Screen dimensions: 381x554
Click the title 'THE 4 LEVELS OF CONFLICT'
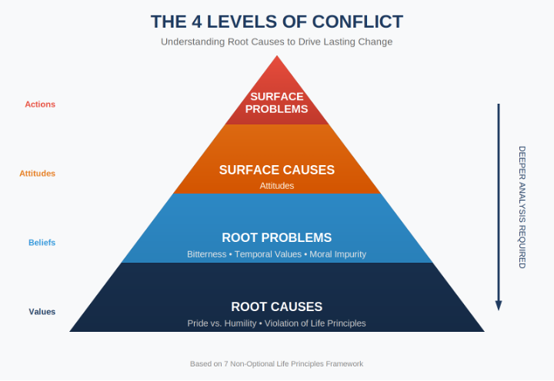(x=276, y=22)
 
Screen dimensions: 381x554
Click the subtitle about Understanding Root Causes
(x=276, y=41)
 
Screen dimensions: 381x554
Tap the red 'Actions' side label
(x=40, y=104)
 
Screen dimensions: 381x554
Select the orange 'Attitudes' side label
(x=38, y=174)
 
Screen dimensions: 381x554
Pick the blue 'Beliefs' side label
(x=42, y=243)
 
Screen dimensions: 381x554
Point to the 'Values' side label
(x=42, y=312)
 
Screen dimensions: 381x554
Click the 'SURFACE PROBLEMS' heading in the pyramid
(x=277, y=103)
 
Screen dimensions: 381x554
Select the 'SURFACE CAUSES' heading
(x=277, y=170)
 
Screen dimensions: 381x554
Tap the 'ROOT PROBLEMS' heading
(x=277, y=237)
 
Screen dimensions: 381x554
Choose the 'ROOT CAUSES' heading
(x=277, y=306)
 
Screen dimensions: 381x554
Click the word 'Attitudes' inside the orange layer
(x=277, y=186)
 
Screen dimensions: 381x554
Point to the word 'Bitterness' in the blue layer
(x=206, y=254)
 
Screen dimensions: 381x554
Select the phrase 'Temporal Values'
(x=269, y=254)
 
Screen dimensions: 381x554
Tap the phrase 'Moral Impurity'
(x=338, y=254)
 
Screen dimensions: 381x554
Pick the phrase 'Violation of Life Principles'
(x=315, y=323)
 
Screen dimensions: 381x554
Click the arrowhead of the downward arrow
(x=499, y=305)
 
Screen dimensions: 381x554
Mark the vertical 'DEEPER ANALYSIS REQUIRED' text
(x=522, y=207)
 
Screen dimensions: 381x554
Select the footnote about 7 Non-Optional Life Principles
(x=276, y=363)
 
